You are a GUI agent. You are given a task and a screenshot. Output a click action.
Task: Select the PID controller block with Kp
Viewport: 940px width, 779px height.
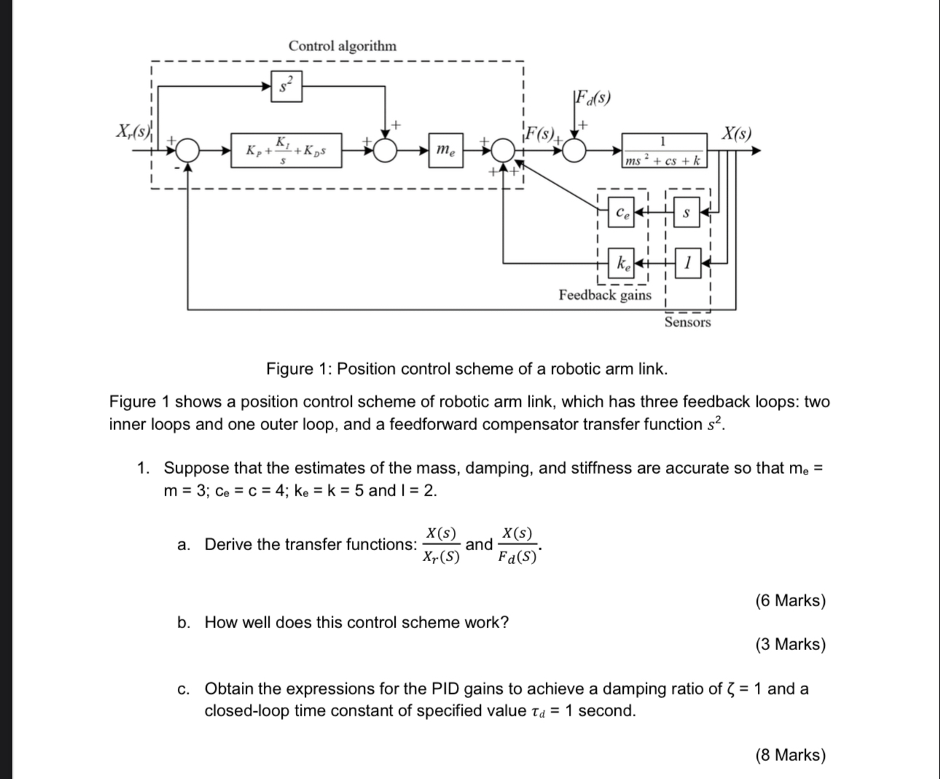(x=286, y=151)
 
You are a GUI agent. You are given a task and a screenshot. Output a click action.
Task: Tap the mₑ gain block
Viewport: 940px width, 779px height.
(x=445, y=151)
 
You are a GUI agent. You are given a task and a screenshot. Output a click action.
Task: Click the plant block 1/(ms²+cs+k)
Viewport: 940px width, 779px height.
(x=663, y=151)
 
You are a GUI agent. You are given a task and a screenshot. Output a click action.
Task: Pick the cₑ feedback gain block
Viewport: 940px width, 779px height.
(x=622, y=213)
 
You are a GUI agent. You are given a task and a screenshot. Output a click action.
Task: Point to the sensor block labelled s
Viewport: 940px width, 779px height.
(x=684, y=213)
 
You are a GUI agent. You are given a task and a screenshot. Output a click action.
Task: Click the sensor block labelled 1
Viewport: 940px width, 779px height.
(x=686, y=262)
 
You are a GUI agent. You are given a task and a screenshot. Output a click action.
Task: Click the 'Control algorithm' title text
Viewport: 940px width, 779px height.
(x=342, y=45)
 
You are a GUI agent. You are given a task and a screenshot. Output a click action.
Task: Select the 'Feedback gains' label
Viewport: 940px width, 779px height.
(x=605, y=294)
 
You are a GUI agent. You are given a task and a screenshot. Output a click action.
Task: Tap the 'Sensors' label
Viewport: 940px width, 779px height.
(x=687, y=322)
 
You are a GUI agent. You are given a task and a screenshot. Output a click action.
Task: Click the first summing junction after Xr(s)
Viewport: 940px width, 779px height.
(x=188, y=151)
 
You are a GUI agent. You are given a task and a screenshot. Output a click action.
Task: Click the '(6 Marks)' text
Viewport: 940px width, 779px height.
(x=791, y=600)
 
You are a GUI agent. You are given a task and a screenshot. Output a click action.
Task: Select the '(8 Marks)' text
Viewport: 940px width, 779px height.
(x=791, y=755)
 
